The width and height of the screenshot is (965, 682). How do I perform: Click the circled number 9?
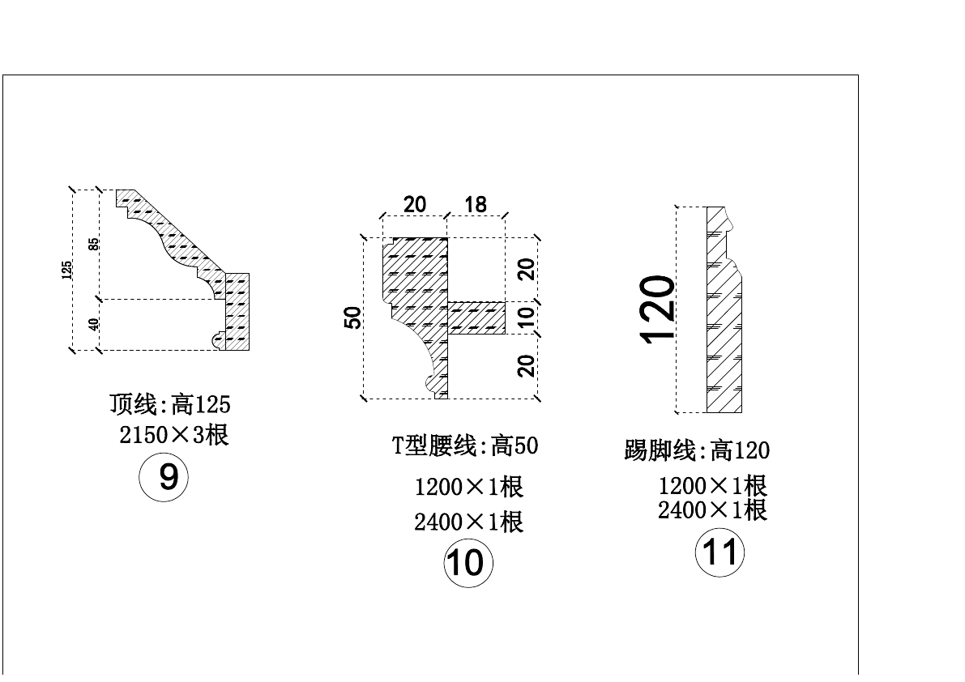coord(164,477)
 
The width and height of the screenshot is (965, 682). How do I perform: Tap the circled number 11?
coord(719,552)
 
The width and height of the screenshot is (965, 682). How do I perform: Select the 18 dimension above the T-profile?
coord(476,205)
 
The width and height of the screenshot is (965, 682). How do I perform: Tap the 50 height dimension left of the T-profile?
coord(352,318)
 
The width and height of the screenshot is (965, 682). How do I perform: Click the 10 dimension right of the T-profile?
coord(527,318)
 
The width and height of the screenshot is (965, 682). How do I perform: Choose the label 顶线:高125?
coord(170,403)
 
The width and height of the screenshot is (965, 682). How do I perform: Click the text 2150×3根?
coord(173,435)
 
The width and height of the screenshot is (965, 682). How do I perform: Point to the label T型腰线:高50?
coord(465,445)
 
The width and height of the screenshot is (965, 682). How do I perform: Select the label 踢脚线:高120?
coord(696,450)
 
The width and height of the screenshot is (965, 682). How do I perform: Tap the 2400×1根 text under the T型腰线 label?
coord(468,522)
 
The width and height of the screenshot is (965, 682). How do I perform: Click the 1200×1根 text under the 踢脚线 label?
coord(712,486)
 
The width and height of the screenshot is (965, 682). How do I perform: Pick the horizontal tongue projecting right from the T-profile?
coord(478,318)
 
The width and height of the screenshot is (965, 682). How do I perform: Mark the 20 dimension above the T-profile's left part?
coord(414,204)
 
